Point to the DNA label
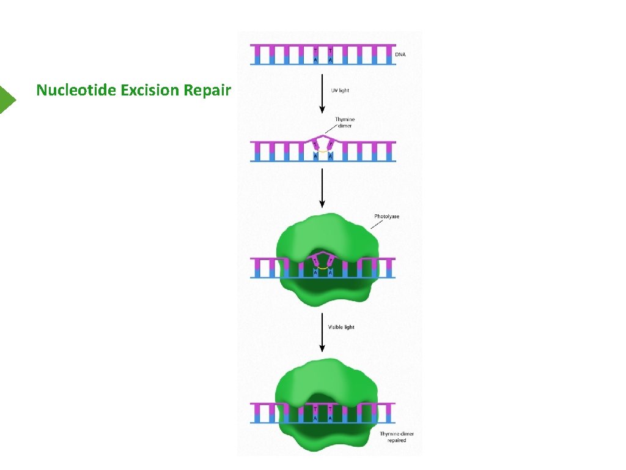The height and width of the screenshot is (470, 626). tap(400, 54)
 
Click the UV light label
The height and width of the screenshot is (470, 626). tap(340, 91)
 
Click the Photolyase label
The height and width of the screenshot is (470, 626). tap(386, 217)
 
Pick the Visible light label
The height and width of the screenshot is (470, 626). tap(341, 327)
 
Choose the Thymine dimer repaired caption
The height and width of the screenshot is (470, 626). tap(397, 437)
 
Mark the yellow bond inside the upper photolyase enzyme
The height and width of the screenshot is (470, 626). tap(323, 267)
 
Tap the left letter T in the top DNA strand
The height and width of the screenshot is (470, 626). tap(315, 50)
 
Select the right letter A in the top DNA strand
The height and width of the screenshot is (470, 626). tap(331, 60)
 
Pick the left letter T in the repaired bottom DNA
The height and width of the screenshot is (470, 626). tap(315, 408)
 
